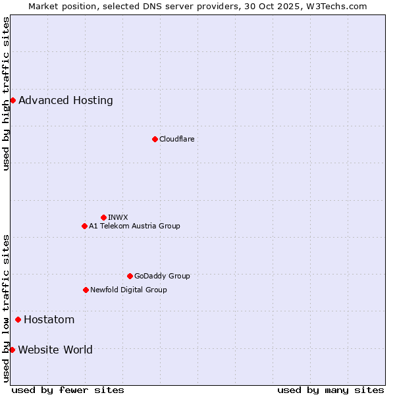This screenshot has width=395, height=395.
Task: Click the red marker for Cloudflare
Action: pyautogui.click(x=155, y=139)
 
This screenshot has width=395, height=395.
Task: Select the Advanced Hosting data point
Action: pyautogui.click(x=13, y=100)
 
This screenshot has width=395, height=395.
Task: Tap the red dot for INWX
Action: pyautogui.click(x=103, y=217)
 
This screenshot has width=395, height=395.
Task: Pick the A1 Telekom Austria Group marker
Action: pyautogui.click(x=84, y=226)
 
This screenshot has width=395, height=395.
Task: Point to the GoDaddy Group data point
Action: pyautogui.click(x=130, y=276)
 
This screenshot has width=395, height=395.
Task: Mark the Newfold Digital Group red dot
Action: pyautogui.click(x=86, y=290)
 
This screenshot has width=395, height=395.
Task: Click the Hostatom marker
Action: pyautogui.click(x=18, y=319)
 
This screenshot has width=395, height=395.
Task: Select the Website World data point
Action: pyautogui.click(x=12, y=350)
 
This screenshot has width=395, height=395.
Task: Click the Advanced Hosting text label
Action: pyautogui.click(x=66, y=101)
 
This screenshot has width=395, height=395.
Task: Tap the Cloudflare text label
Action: pyautogui.click(x=177, y=139)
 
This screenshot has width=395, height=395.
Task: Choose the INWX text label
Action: pyautogui.click(x=118, y=217)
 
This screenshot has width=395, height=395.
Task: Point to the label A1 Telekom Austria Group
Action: pyautogui.click(x=134, y=226)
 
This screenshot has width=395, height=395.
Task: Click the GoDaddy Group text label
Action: pyautogui.click(x=162, y=276)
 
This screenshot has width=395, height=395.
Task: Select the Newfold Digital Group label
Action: pyautogui.click(x=128, y=290)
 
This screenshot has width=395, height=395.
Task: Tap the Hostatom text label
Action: pyautogui.click(x=49, y=320)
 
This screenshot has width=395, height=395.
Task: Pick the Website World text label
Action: pyautogui.click(x=55, y=350)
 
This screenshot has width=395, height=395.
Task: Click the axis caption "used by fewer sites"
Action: pyautogui.click(x=68, y=390)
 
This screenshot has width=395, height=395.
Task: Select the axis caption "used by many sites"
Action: pyautogui.click(x=330, y=390)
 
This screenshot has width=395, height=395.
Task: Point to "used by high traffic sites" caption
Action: pyautogui.click(x=6, y=93)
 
